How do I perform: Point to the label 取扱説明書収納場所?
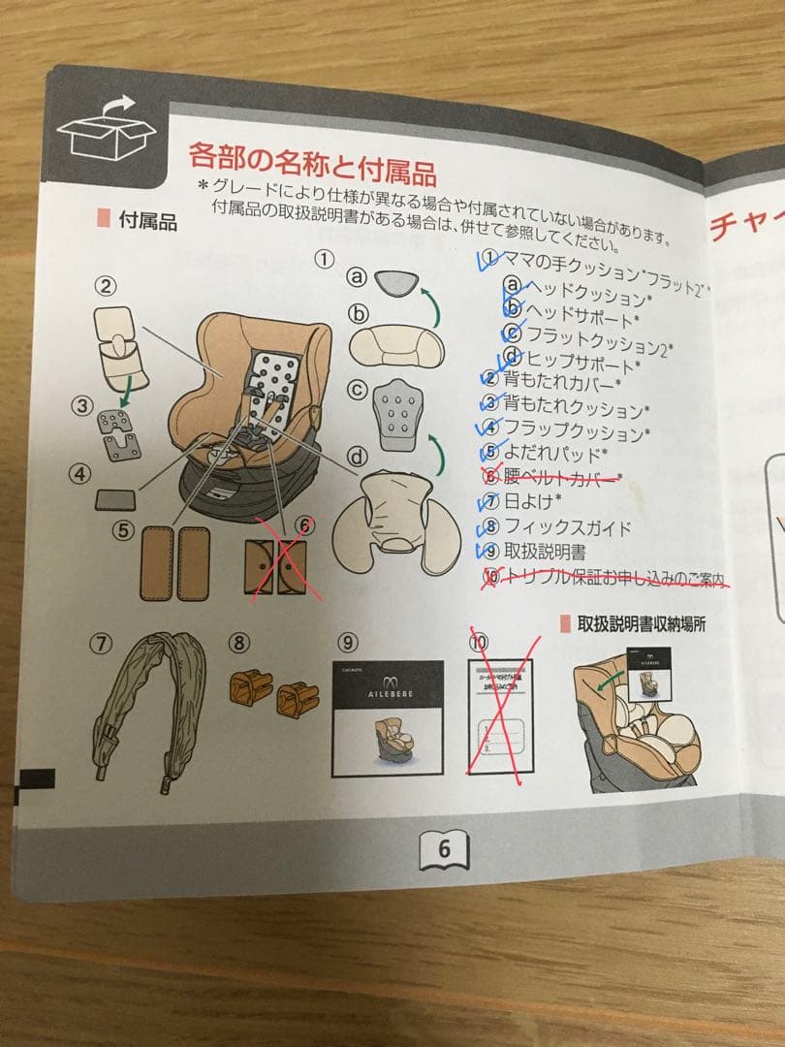click(x=644, y=623)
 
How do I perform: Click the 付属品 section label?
click(x=147, y=221)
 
